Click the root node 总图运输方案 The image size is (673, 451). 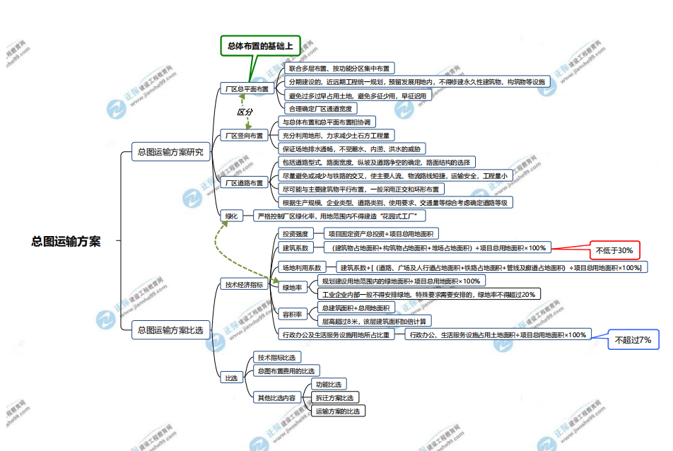[x=66, y=241]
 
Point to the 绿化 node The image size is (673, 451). [x=231, y=216]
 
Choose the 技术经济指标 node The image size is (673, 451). [x=244, y=285]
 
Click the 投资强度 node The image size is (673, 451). [x=295, y=233]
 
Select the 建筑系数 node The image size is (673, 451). [x=295, y=248]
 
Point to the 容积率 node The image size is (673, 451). [x=292, y=314]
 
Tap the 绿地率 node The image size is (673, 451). [x=292, y=288]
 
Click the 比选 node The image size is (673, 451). [x=230, y=378]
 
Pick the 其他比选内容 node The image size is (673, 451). [x=276, y=397]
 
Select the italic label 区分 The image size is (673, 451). [x=245, y=112]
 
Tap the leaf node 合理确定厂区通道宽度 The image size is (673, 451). [x=320, y=108]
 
